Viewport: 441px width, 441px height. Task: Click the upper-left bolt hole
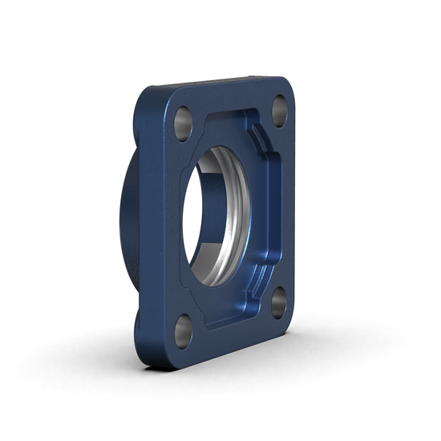point(183,122)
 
